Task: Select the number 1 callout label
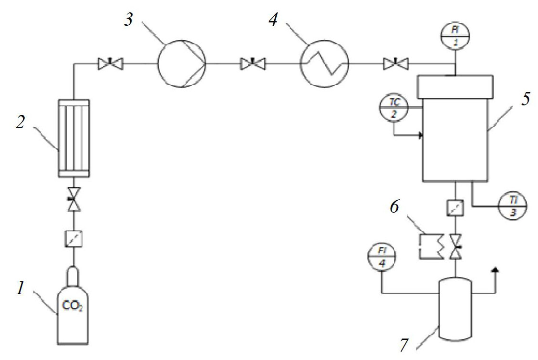[21, 288]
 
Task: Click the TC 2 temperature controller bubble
[394, 108]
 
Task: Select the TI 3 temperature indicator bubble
[513, 206]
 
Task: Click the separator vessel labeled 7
[455, 308]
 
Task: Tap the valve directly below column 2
[73, 198]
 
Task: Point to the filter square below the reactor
[455, 208]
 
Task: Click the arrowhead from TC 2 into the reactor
[421, 136]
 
